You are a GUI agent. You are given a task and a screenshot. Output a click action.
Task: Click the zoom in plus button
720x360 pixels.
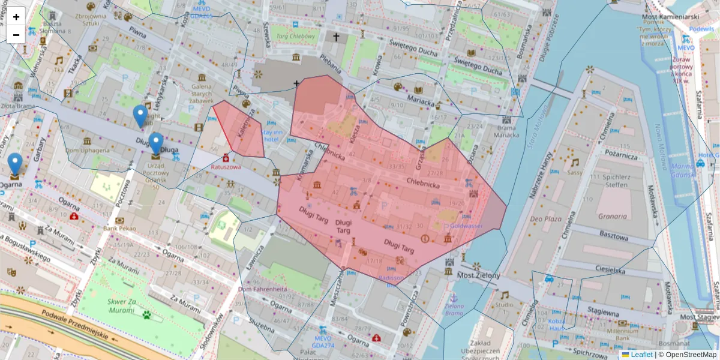tap(16, 17)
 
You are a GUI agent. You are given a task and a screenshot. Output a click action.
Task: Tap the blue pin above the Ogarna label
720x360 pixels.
tap(15, 163)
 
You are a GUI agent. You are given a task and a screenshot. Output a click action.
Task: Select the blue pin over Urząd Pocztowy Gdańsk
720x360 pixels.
tap(155, 143)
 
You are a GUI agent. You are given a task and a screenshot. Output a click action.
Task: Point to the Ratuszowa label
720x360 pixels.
tap(226, 168)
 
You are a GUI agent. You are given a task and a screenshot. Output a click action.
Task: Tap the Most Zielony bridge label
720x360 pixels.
tap(478, 275)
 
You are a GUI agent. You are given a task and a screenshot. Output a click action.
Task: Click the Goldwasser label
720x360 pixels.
tap(466, 226)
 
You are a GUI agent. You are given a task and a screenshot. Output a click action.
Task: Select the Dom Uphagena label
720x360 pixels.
tap(88, 150)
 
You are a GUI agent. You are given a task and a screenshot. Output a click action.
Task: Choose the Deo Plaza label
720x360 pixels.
tap(544, 219)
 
